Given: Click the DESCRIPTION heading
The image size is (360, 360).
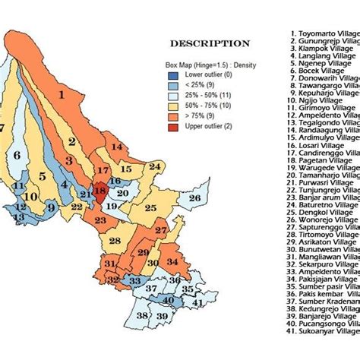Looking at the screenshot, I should [210, 43].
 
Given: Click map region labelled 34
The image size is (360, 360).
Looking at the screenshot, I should [173, 262].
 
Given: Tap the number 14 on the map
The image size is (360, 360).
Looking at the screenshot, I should [116, 147].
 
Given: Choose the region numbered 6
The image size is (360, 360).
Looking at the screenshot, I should [17, 156].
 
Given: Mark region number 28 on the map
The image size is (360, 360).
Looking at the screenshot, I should [114, 241].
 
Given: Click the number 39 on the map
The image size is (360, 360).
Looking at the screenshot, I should [161, 316].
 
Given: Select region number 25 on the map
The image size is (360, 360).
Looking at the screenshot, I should [150, 207].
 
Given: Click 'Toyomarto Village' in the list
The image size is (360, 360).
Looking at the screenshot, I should [324, 34].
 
